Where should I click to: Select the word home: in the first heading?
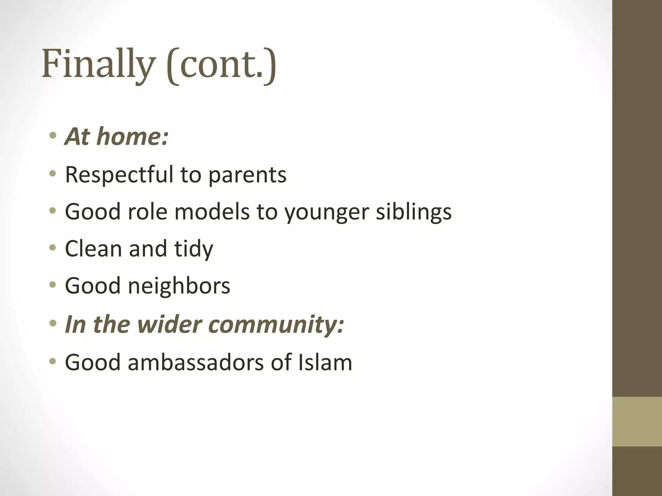coord(133,136)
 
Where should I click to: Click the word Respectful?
coord(119,175)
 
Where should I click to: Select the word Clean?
coord(93,249)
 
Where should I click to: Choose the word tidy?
coord(194,249)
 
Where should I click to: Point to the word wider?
coord(168,324)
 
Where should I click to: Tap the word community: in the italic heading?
coord(278,325)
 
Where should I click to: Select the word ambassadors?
coord(196,362)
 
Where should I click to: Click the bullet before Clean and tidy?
coord(53,248)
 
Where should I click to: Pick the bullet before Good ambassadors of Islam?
coord(53,361)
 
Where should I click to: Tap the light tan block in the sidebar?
coord(637,421)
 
